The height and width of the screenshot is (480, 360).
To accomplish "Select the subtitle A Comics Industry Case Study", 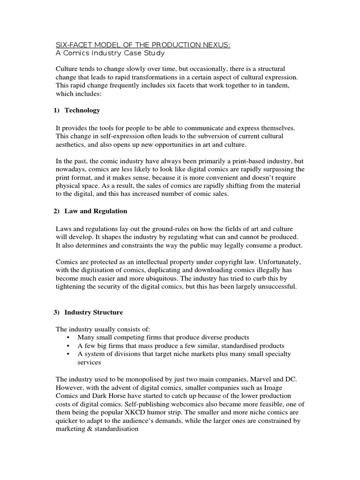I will (x=110, y=53).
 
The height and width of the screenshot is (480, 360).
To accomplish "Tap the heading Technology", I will (x=82, y=110).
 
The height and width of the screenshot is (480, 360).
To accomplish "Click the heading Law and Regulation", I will (x=96, y=211).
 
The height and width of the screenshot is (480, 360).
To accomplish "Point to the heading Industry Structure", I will (x=94, y=312).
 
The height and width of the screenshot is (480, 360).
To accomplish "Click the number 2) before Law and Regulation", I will (x=57, y=211).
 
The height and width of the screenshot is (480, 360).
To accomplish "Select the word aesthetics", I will (x=71, y=144).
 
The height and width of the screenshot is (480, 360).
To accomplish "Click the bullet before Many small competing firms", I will (x=69, y=337).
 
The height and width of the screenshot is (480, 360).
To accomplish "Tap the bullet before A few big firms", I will (x=69, y=346).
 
